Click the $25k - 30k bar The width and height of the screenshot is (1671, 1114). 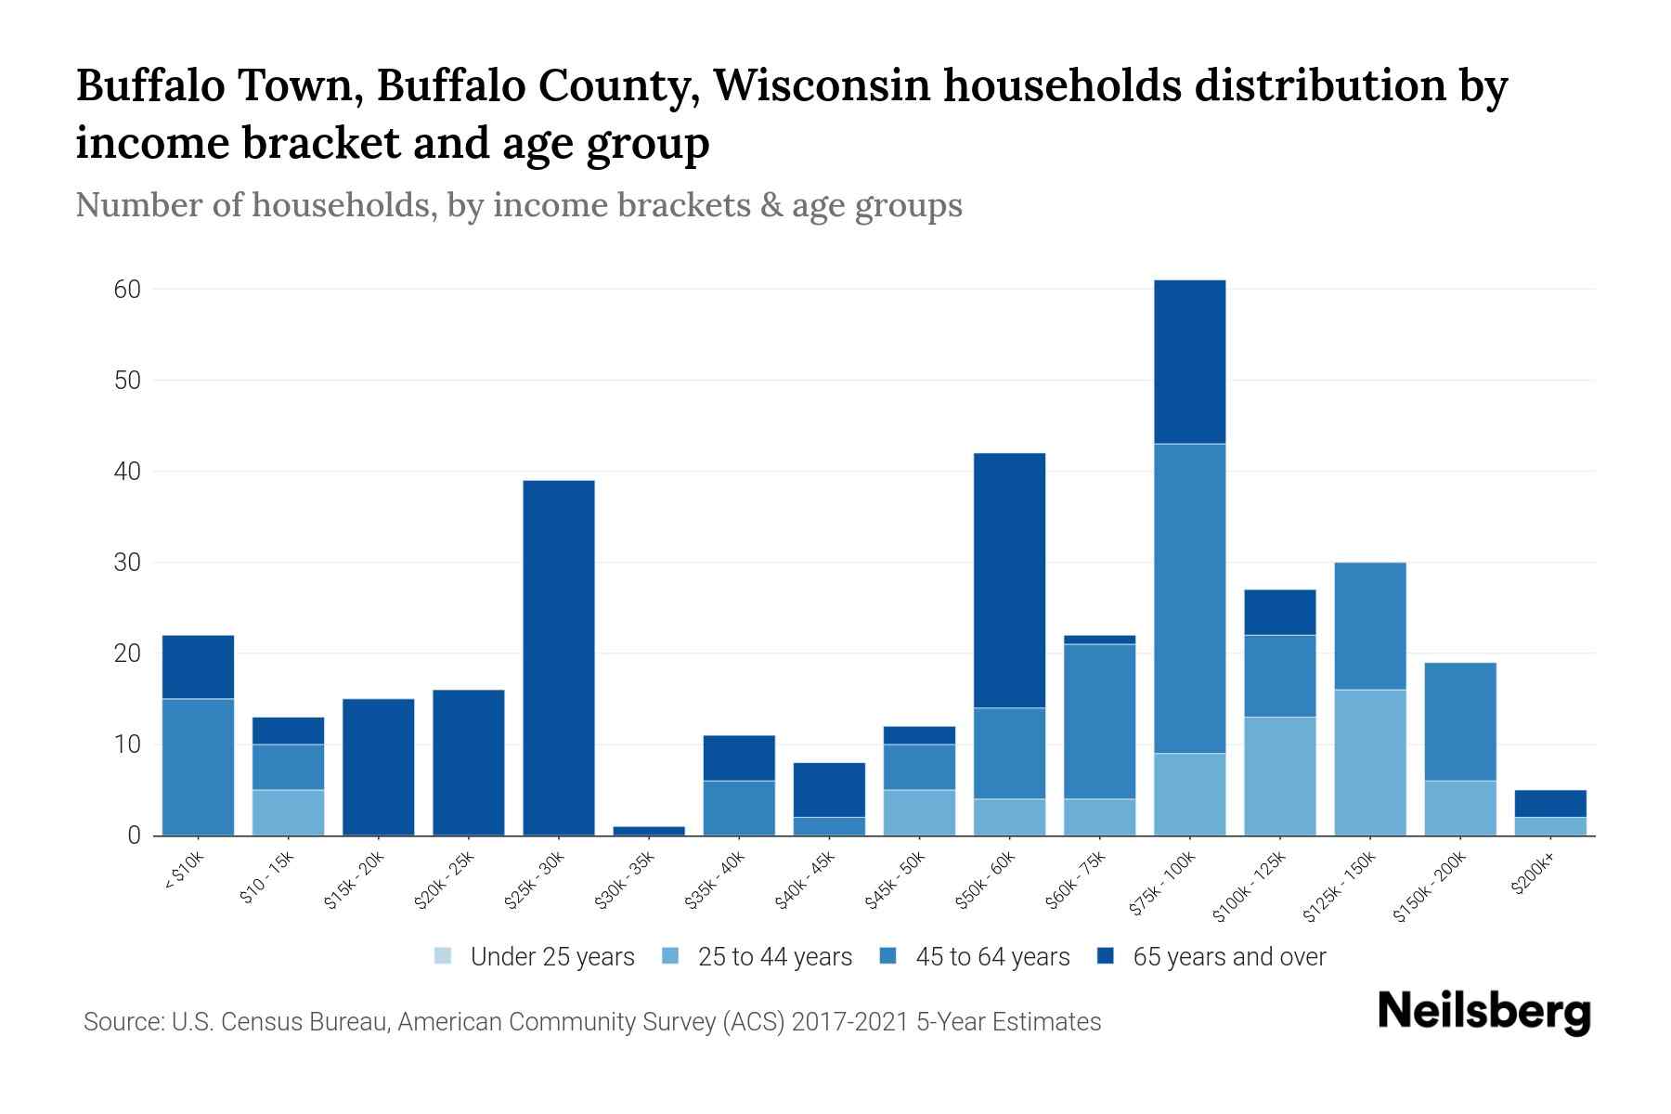(x=559, y=657)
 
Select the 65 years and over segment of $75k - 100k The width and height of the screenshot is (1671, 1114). (x=1189, y=362)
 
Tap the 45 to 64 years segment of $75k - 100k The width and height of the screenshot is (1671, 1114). (x=1189, y=598)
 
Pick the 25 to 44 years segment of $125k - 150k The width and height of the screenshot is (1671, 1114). (x=1369, y=762)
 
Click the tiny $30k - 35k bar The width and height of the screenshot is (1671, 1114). (x=649, y=831)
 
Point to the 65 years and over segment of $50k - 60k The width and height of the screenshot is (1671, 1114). (x=1009, y=580)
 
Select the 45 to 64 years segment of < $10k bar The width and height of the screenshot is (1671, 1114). (x=198, y=767)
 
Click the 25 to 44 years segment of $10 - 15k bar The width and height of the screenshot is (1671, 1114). (x=288, y=812)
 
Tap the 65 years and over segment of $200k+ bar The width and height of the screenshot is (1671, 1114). (x=1549, y=803)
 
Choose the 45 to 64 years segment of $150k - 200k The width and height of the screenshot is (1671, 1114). (x=1459, y=721)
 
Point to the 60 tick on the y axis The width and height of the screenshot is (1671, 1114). (x=127, y=290)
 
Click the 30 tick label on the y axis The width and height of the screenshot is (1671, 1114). (x=127, y=563)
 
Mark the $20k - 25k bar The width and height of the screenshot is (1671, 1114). (x=469, y=762)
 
